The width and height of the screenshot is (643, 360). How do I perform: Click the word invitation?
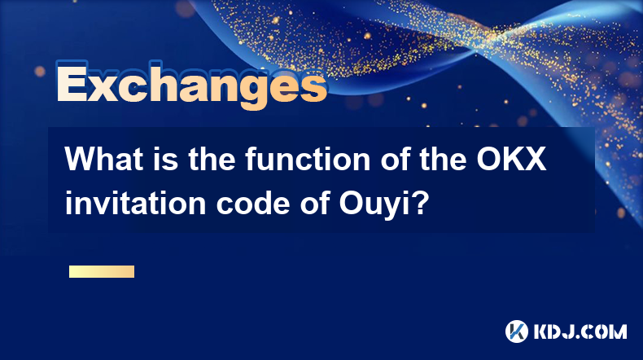(x=135, y=203)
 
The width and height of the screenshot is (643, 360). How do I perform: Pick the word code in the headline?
(x=253, y=203)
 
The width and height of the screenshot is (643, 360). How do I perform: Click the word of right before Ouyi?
(x=314, y=203)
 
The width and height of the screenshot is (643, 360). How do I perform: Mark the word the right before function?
(x=212, y=160)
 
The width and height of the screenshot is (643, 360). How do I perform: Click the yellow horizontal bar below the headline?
(x=102, y=271)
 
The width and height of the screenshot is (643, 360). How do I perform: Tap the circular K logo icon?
(x=517, y=331)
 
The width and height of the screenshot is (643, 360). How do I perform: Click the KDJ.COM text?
(x=580, y=331)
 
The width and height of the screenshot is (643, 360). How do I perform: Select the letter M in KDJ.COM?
(x=617, y=331)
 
